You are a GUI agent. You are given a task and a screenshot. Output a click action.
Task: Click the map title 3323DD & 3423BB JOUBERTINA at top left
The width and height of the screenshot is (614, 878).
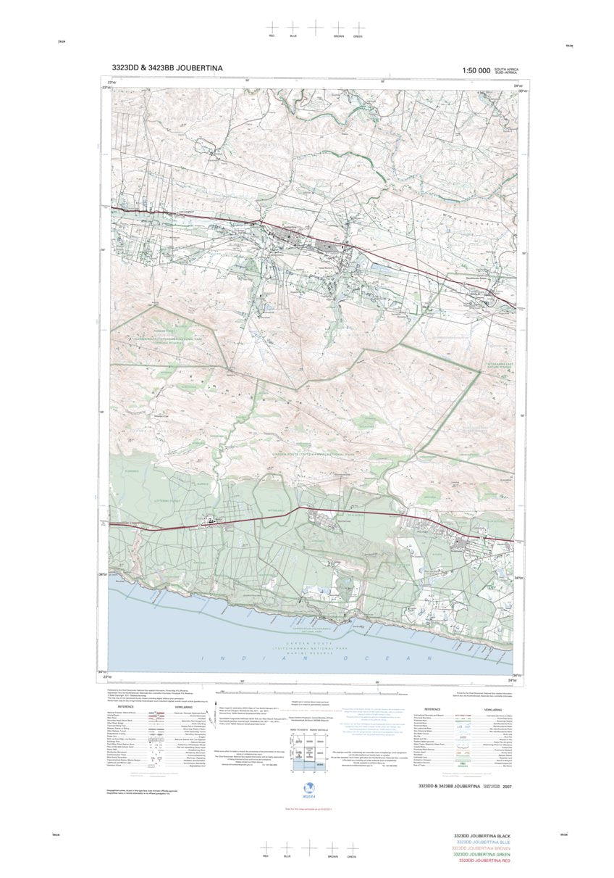(x=167, y=68)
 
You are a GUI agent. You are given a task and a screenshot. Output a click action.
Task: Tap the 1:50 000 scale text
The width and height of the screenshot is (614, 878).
(x=471, y=70)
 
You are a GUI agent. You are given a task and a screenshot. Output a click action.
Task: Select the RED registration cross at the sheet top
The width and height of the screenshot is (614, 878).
(x=272, y=28)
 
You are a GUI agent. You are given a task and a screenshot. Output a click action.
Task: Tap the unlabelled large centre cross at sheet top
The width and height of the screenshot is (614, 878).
(x=316, y=28)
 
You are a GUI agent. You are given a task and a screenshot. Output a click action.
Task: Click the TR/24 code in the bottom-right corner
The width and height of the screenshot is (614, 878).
(x=563, y=835)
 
